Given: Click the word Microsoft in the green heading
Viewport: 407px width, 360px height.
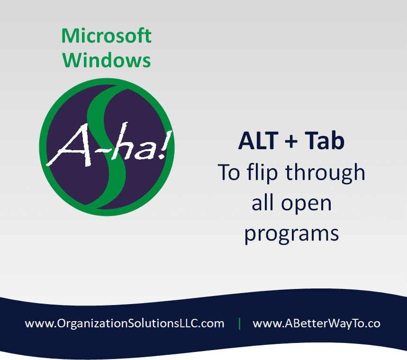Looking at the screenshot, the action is (106, 36).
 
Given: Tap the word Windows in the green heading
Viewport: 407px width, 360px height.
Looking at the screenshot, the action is (106, 60).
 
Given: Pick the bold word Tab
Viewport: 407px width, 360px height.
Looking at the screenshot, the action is (325, 140).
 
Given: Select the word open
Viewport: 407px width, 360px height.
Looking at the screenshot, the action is (306, 205).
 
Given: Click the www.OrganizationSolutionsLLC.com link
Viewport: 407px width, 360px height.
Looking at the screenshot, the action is (125, 324).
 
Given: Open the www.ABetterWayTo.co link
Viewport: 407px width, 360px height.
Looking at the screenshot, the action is (317, 324).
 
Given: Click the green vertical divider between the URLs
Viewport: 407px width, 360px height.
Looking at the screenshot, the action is (239, 324).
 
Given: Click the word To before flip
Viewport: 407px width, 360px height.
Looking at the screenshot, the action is (229, 172).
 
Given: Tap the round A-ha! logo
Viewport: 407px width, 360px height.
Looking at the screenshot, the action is (107, 147).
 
